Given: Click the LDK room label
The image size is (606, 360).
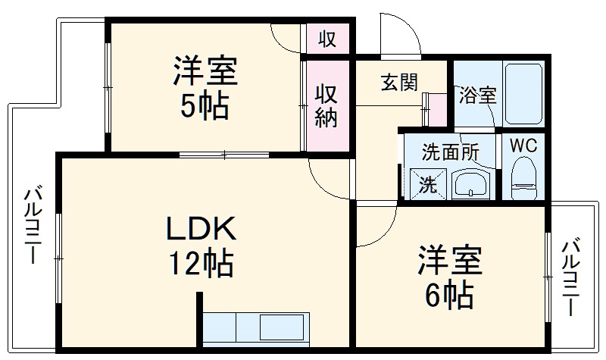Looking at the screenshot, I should (201, 228).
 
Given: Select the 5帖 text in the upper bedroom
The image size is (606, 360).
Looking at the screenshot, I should (204, 108).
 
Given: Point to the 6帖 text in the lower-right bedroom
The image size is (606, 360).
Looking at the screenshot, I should (448, 293).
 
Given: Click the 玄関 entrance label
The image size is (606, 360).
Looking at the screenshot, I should (399, 82).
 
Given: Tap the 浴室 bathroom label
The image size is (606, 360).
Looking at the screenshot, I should (477, 95).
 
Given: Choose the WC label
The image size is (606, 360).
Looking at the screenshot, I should (522, 146).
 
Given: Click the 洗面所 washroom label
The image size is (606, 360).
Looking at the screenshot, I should (451, 150).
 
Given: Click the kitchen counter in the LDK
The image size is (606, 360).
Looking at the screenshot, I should (256, 328).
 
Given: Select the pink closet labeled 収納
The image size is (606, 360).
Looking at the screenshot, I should (326, 105).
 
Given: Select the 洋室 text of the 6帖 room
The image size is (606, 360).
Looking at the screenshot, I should (449, 261).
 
